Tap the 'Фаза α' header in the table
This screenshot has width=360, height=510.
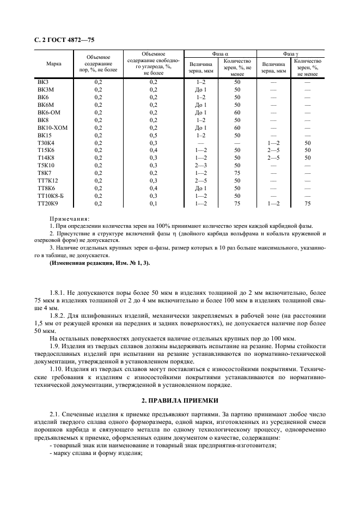219,54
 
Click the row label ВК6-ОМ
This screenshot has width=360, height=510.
48,112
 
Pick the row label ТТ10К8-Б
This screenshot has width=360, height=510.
51,195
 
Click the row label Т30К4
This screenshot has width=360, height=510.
46,142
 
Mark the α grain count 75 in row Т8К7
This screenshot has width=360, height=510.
237,173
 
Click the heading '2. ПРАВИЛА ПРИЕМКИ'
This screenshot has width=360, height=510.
179,400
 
